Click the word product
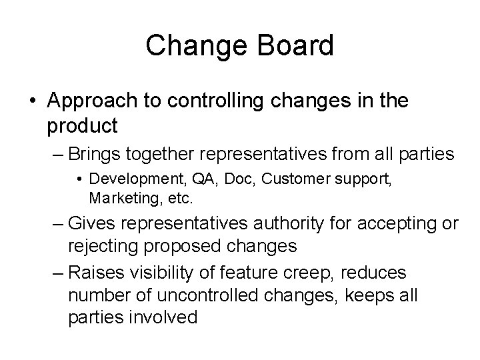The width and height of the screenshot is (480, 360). pos(83,125)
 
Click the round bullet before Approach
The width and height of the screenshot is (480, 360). pos(33,102)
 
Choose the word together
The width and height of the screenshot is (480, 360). pos(164,155)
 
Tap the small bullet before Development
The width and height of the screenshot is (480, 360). pos(80,180)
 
